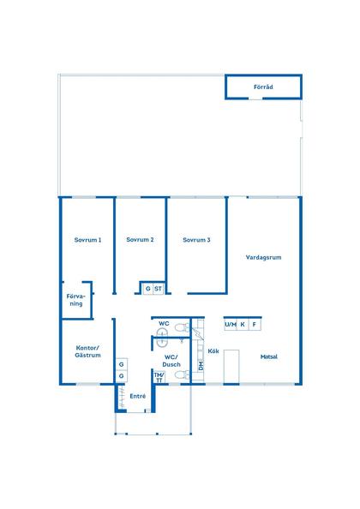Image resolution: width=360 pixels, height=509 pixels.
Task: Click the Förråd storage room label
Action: pos(263,88)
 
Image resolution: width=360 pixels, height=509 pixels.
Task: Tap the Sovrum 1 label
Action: pos(87,240)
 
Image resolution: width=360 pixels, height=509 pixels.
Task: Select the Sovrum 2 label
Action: pos(140,240)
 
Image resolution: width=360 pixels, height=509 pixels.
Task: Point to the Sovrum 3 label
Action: pos(196,240)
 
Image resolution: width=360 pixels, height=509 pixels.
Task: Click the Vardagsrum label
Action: pos(264,257)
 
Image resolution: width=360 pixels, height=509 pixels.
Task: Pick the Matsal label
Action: pos(269,356)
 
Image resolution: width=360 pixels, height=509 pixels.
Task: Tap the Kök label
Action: pos(214,351)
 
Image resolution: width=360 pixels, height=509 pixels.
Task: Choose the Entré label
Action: pos(137,396)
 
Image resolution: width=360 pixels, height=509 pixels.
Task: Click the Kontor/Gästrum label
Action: pos(87,350)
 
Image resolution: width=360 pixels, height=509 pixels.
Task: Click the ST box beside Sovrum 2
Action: pos(159,289)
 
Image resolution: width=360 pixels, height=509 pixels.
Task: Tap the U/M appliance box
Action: pos(231,325)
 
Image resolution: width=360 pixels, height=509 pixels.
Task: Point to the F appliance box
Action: pos(254,325)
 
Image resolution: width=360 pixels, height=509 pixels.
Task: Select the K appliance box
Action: pos(243,325)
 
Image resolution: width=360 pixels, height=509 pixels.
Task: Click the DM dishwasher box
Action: pos(201,365)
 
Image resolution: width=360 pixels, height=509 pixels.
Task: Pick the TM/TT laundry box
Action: pos(158,376)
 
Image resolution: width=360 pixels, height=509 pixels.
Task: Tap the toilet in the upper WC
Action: pos(179,327)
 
